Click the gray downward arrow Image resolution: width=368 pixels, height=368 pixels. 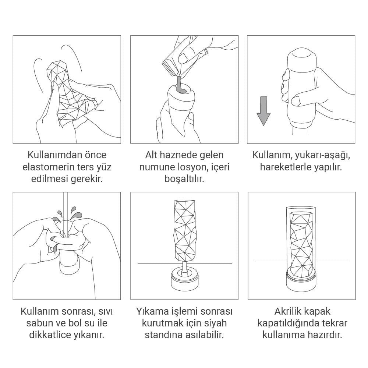(x=263, y=111)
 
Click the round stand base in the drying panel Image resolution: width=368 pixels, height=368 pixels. (x=184, y=282)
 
